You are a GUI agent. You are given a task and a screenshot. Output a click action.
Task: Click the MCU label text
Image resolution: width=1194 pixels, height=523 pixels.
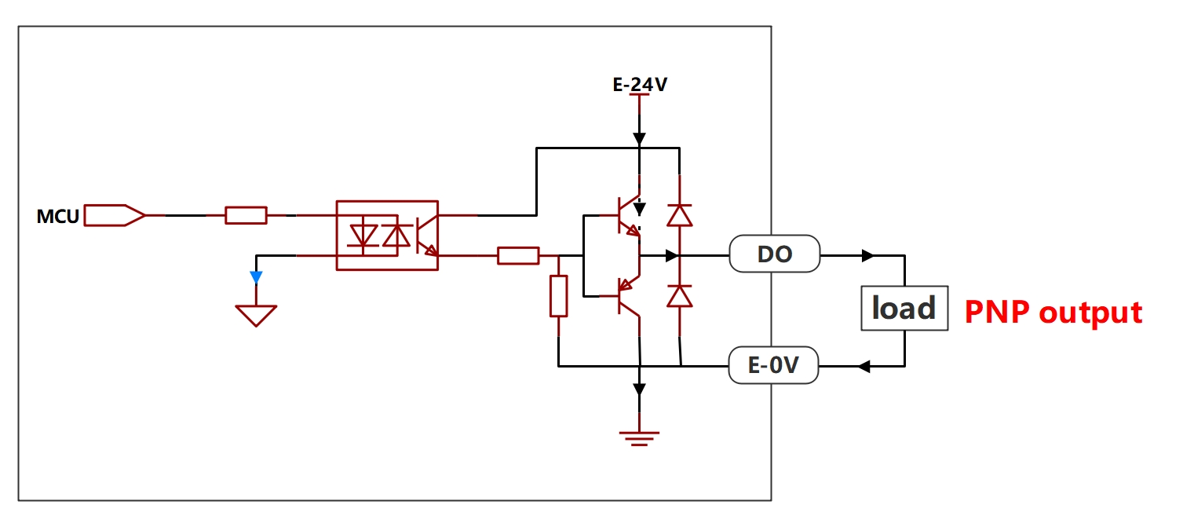coord(57,217)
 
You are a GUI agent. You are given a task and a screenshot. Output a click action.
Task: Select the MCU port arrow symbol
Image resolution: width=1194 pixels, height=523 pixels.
coord(115,215)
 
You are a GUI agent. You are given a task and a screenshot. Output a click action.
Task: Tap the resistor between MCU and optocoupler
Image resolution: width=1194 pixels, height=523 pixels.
coord(246,215)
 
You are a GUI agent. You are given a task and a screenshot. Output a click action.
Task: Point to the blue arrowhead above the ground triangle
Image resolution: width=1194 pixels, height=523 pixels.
coord(256,277)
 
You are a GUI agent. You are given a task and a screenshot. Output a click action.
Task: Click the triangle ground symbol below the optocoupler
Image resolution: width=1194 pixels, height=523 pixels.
coord(256,316)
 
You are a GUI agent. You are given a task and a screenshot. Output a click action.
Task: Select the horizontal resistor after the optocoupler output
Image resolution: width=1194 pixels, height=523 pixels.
coord(518,256)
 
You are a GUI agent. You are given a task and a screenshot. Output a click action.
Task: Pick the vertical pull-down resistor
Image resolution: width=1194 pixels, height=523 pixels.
coord(559,296)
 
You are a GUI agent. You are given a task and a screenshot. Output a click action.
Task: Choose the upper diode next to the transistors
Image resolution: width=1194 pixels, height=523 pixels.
coord(680,215)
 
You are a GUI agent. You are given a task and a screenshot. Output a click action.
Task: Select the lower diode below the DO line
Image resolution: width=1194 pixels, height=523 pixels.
coord(680,296)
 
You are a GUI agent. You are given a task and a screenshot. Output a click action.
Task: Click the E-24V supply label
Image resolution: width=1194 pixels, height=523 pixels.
coord(640,85)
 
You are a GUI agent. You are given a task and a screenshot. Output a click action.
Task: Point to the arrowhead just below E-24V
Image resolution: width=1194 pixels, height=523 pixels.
coord(639,139)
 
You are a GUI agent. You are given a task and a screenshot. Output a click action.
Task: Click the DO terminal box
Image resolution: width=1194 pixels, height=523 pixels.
coord(775,254)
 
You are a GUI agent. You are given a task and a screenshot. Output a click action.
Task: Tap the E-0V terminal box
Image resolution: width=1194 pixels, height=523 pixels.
coord(773,365)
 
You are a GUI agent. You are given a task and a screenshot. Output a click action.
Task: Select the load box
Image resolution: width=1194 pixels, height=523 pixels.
coord(904,308)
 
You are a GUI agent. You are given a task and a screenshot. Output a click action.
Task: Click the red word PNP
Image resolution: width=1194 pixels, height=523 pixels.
coord(997,313)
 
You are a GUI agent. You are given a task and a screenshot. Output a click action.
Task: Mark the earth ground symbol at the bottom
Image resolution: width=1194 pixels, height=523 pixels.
coord(639,438)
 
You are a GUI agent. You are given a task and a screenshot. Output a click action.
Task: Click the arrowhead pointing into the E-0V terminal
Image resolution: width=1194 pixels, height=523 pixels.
coord(864,366)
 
